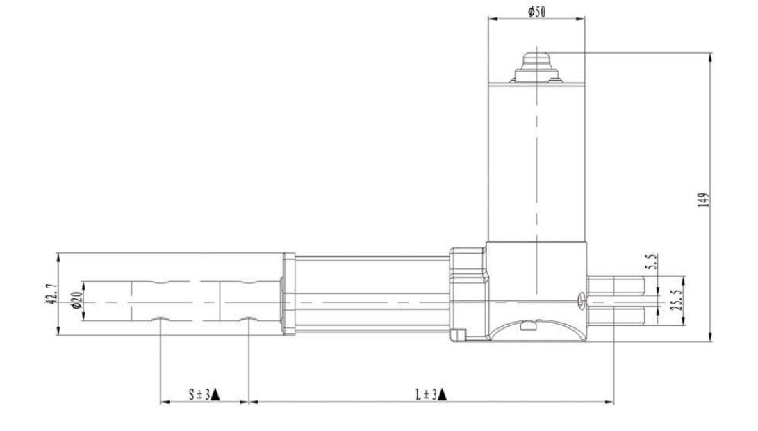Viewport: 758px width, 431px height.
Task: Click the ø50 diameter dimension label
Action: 536,12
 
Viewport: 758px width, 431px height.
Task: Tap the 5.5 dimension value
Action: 651,263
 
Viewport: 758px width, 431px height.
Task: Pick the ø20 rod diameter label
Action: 76,302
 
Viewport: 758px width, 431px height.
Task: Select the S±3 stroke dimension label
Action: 199,394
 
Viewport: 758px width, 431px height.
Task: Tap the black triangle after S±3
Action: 216,395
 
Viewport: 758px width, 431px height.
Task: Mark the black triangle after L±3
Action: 443,395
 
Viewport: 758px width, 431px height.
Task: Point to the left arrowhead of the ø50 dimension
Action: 492,19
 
